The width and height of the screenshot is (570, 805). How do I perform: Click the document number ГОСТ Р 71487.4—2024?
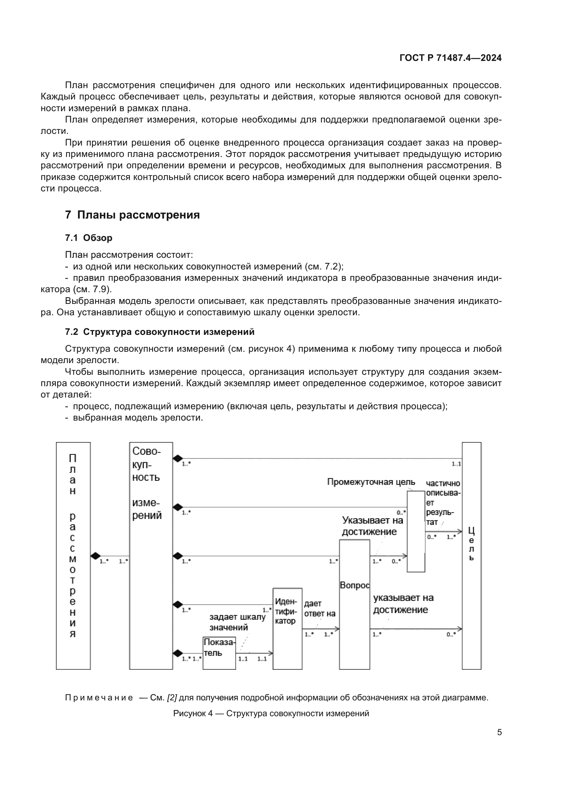(450, 58)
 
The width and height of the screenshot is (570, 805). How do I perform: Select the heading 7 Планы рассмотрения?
(132, 214)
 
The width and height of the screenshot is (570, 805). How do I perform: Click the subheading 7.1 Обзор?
(89, 238)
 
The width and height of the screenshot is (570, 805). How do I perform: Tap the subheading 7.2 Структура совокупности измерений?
(159, 332)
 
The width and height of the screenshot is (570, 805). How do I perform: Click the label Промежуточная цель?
(371, 482)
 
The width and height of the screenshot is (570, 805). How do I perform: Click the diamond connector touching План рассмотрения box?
(95, 556)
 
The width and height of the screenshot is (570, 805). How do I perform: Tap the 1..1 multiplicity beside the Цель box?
(456, 464)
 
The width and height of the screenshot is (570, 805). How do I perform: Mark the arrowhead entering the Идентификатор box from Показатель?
(271, 653)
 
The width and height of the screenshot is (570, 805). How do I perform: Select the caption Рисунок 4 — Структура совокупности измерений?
(271, 713)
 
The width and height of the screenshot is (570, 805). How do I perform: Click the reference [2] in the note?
(172, 698)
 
